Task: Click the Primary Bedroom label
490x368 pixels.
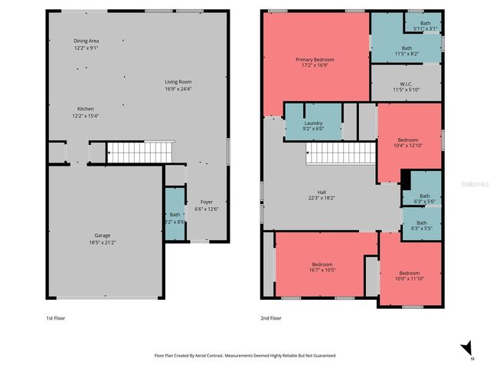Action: click(315, 59)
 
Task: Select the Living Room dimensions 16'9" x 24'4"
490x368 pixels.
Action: click(178, 89)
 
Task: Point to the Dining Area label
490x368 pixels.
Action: click(87, 41)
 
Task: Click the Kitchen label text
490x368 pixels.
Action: click(86, 109)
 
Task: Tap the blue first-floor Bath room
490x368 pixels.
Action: click(175, 218)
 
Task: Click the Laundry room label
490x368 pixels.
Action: click(313, 123)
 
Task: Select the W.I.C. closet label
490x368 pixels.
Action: click(407, 84)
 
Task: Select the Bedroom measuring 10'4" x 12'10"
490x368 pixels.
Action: click(408, 140)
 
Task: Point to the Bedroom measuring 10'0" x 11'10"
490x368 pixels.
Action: click(409, 273)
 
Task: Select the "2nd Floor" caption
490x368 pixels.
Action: click(271, 317)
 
